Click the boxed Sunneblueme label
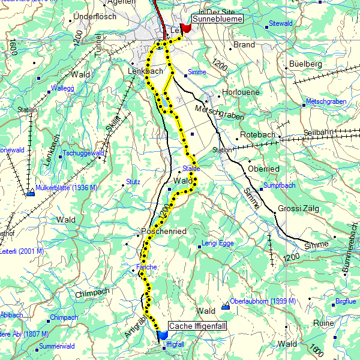click(x=218, y=19)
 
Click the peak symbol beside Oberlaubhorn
click(x=226, y=307)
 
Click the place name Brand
click(x=244, y=45)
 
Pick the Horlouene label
click(x=241, y=93)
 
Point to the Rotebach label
click(x=257, y=134)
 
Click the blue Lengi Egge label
click(x=217, y=244)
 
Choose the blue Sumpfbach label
click(x=280, y=186)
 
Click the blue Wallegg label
click(x=62, y=88)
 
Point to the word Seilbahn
click(x=318, y=132)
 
